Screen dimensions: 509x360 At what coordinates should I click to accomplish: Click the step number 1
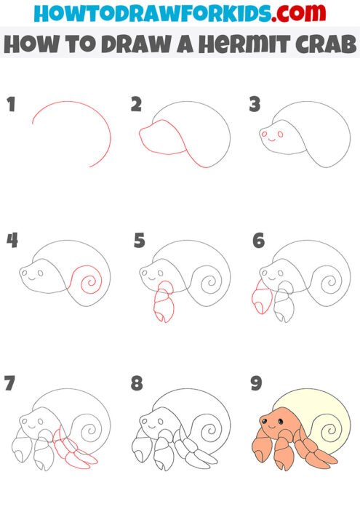click(10, 105)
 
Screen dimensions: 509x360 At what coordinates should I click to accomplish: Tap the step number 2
click(136, 105)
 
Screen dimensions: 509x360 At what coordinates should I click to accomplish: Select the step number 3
click(255, 105)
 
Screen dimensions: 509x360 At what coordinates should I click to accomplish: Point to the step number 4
click(12, 241)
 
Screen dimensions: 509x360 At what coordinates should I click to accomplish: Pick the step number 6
click(257, 241)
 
